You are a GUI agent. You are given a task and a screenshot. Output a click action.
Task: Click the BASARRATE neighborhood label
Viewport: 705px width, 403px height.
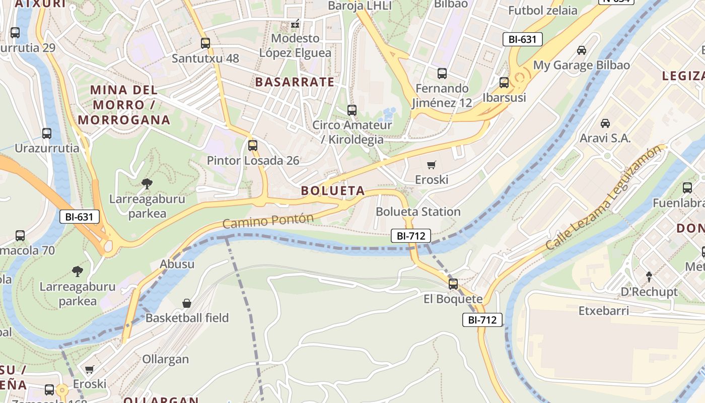(295, 82)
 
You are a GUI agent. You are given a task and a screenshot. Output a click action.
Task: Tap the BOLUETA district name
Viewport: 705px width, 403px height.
(333, 190)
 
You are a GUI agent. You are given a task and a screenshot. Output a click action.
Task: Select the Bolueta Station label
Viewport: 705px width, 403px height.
(418, 211)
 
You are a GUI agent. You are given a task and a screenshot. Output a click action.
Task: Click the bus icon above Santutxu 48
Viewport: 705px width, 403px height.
(205, 43)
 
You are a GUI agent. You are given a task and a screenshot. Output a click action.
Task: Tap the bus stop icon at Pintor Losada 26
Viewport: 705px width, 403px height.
(253, 146)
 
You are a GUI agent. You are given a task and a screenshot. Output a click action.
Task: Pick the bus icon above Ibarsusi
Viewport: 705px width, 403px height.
(504, 83)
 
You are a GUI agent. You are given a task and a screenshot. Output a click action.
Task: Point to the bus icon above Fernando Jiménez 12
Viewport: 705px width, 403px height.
(442, 74)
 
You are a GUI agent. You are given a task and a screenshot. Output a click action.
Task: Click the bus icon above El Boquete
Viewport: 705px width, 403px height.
(453, 284)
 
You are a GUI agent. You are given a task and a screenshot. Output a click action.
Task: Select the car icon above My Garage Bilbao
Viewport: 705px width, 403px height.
(582, 50)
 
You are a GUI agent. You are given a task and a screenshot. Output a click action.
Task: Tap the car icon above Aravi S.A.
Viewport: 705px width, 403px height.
(605, 123)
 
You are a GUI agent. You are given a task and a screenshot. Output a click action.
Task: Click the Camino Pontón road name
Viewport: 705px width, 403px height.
(268, 221)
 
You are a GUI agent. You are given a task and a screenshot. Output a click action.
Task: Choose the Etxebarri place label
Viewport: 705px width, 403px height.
(604, 310)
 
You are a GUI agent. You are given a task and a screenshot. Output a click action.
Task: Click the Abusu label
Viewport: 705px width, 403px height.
(177, 264)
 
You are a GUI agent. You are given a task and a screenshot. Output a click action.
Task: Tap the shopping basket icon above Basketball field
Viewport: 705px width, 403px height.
(187, 303)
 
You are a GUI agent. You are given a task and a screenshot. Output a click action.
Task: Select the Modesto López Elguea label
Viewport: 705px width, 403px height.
(296, 45)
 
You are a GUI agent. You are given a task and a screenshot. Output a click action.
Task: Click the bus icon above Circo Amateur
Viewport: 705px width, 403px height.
(352, 110)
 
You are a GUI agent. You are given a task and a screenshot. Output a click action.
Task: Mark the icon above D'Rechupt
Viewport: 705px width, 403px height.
(649, 277)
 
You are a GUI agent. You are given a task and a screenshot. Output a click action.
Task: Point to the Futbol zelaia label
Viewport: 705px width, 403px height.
(543, 11)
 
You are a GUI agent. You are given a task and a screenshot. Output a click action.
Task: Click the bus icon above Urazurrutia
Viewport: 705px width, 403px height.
(47, 133)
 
